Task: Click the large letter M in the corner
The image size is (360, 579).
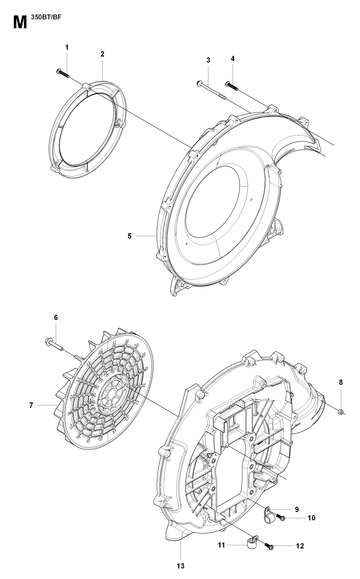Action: coord(20,23)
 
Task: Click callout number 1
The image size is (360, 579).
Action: coord(67,48)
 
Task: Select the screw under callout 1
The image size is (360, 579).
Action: coord(63,72)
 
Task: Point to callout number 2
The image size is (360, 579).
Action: coord(102,54)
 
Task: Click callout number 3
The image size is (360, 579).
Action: coord(208,60)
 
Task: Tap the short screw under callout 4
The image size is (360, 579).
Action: coord(231,86)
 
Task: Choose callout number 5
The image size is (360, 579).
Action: coord(130,236)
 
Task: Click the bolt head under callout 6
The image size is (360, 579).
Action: coord(48,341)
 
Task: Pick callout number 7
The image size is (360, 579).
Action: coord(31,405)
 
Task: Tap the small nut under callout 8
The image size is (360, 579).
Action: coord(341,411)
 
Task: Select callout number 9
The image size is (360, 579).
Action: coord(296,509)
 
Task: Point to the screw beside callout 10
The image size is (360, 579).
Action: coord(281,518)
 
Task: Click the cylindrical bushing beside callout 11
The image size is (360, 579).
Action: coord(252,542)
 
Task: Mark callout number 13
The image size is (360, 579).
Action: coord(181,566)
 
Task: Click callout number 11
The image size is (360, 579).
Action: coord(222,545)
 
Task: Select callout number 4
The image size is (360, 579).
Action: coord(233,59)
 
